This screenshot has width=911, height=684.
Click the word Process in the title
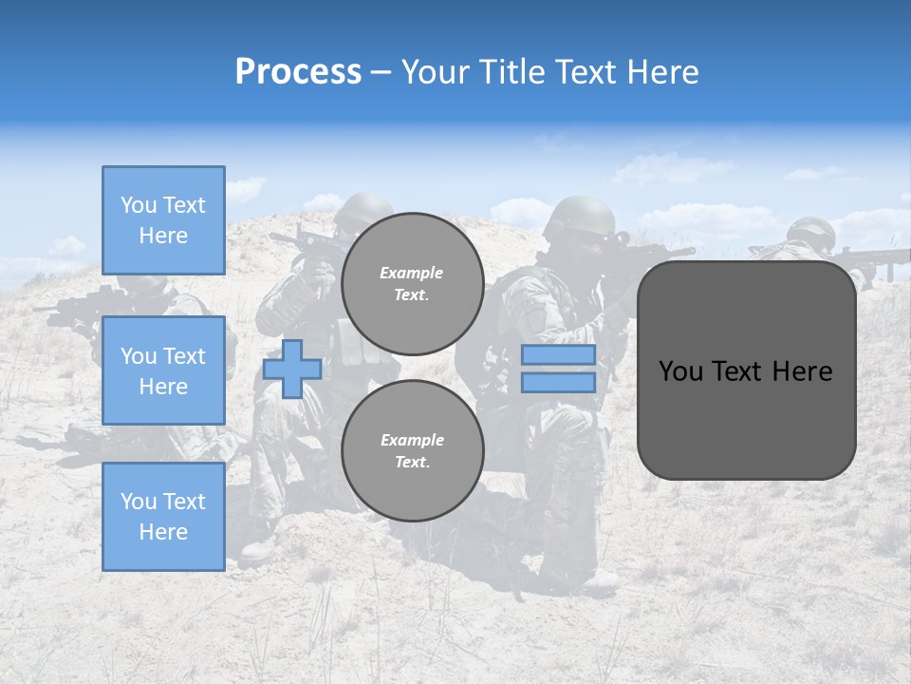tap(298, 72)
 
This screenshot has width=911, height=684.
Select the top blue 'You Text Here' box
tap(163, 220)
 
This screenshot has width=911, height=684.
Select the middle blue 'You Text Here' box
tap(163, 370)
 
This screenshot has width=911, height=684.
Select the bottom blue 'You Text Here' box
tap(163, 517)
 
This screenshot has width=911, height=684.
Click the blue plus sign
tap(292, 369)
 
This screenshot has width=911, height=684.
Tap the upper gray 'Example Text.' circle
tap(412, 283)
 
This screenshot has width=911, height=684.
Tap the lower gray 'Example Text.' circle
tap(412, 450)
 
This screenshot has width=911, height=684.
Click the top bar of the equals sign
tap(558, 355)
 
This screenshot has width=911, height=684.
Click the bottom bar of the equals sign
tap(558, 382)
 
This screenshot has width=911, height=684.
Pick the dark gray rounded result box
tap(746, 418)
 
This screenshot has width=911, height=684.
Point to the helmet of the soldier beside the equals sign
tap(579, 217)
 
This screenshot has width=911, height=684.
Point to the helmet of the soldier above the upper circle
tap(363, 208)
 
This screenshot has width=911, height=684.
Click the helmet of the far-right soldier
tap(811, 231)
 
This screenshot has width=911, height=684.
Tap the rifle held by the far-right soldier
tap(873, 258)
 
